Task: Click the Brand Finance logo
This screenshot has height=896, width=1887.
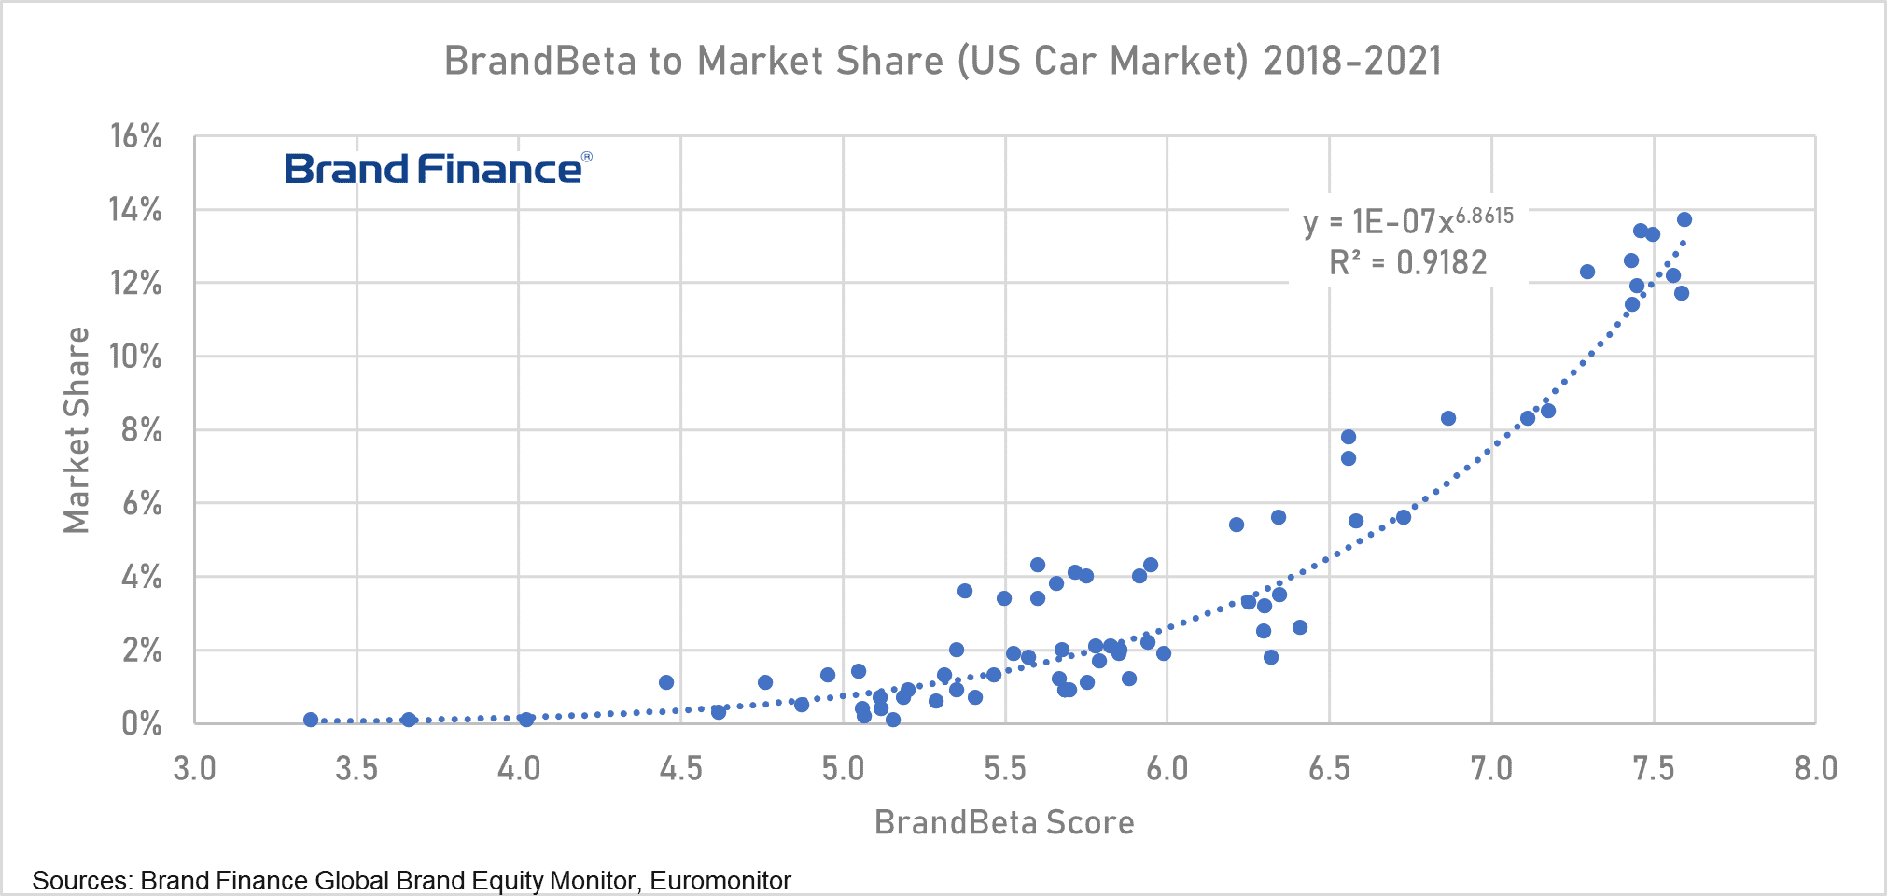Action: pos(437,169)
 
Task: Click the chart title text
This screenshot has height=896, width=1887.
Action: pos(943,61)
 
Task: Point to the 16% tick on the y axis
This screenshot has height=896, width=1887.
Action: pos(136,136)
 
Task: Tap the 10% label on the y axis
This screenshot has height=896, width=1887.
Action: pos(136,357)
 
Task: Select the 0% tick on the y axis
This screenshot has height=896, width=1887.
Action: pos(142,723)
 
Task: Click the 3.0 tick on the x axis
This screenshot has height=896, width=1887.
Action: pos(195,769)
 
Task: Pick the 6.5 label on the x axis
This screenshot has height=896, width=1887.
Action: pos(1330,769)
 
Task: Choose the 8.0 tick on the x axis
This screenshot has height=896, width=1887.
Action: pos(1815,769)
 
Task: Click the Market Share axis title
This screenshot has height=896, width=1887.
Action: pos(77,430)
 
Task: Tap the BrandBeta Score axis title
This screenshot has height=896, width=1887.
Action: pos(1004,822)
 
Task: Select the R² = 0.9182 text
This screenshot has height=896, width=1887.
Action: pos(1408,263)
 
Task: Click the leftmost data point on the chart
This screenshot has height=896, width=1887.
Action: pos(311,720)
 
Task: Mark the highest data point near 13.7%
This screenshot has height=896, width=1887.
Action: pos(1684,219)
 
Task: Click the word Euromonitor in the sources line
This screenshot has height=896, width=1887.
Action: pos(720,880)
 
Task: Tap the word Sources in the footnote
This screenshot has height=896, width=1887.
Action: pos(81,880)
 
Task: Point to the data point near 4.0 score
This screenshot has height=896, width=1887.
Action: pos(526,720)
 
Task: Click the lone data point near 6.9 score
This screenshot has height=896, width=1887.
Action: pos(1448,418)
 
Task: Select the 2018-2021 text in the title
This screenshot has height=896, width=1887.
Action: pos(1352,61)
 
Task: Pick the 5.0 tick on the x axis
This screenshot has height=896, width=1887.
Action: pos(844,769)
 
